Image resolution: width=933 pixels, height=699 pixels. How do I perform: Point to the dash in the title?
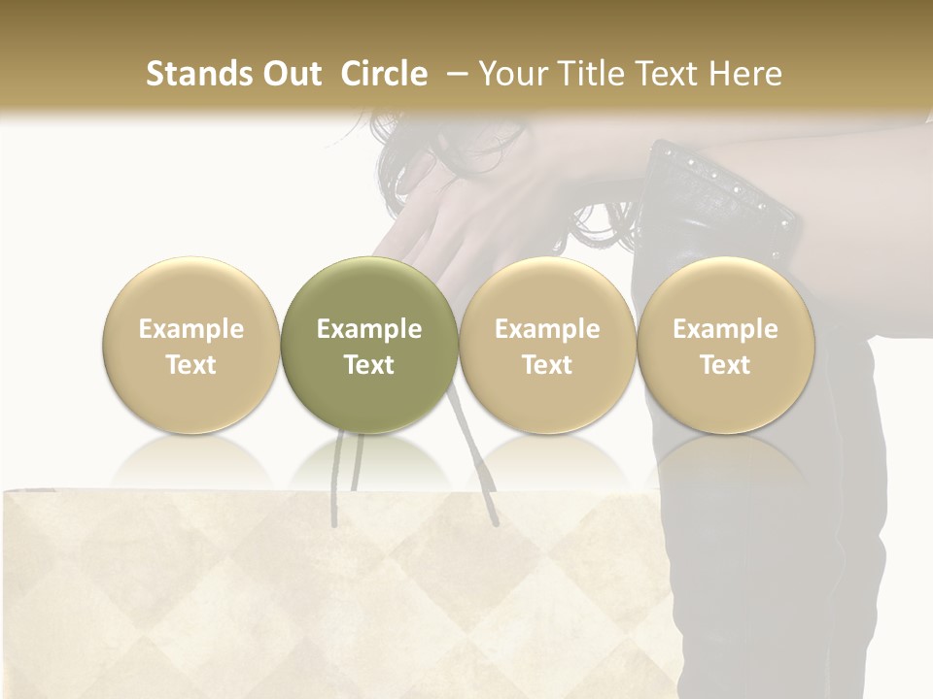pos(454,75)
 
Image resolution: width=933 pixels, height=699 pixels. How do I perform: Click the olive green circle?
pos(369,291)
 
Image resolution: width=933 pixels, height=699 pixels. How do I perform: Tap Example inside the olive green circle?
pos(369,329)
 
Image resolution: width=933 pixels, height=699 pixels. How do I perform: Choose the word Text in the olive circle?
pos(369,365)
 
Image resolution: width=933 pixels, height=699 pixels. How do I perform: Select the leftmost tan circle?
pos(190,291)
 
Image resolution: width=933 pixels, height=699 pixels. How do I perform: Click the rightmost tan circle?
pos(725,291)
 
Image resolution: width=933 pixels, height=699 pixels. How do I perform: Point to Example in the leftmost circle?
pos(190,329)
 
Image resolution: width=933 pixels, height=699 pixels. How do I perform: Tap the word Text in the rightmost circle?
pos(725,365)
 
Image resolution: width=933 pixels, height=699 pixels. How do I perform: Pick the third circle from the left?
pos(547,291)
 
